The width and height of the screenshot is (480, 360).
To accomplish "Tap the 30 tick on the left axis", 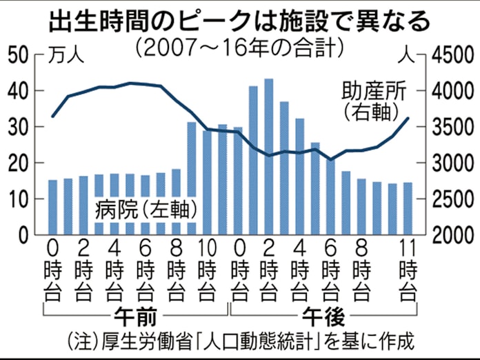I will (19, 128).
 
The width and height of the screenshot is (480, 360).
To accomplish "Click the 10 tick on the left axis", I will (19, 199).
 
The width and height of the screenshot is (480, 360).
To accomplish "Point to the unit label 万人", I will (66, 57).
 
